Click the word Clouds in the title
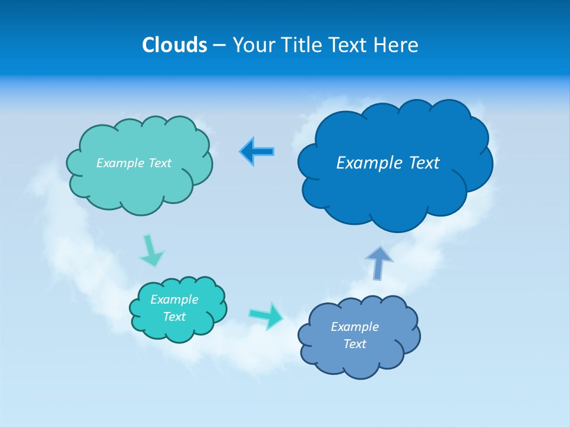[x=175, y=45]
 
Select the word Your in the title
[x=254, y=45]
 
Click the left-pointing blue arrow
[x=257, y=152]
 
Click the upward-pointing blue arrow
[x=379, y=262]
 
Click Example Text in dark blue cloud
[x=388, y=162]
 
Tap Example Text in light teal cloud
[x=134, y=163]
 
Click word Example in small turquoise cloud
[x=174, y=299]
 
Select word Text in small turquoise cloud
[x=174, y=317]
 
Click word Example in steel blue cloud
[x=354, y=327]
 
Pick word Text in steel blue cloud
[x=354, y=344]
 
